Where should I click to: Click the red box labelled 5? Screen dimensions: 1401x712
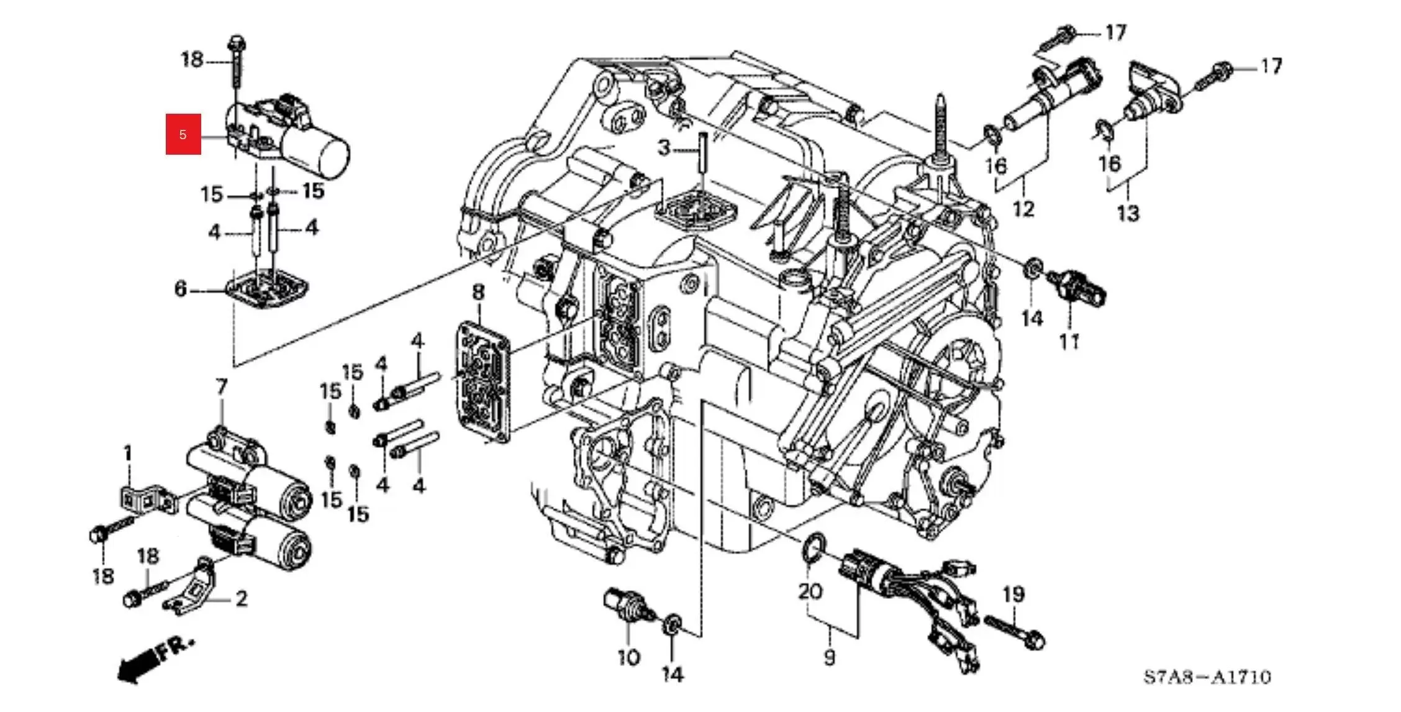[x=183, y=134]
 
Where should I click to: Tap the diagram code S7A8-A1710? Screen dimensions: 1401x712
[x=1208, y=677]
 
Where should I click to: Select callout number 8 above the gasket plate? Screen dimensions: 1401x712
[x=478, y=292]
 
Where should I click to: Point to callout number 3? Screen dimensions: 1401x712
[x=664, y=148]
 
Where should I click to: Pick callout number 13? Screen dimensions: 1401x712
[x=1128, y=213]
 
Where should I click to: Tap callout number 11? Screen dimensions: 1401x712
[x=1069, y=341]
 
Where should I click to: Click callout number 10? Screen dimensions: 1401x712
[x=628, y=657]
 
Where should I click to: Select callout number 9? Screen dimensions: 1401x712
[x=830, y=656]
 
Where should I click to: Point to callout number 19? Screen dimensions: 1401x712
[x=1013, y=595]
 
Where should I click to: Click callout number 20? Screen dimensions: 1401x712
[x=810, y=591]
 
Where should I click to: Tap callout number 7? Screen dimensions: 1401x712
[x=222, y=387]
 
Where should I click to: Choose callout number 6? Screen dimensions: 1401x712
[x=180, y=288]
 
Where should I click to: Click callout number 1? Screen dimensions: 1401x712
[x=128, y=454]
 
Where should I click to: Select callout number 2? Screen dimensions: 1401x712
[x=241, y=598]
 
